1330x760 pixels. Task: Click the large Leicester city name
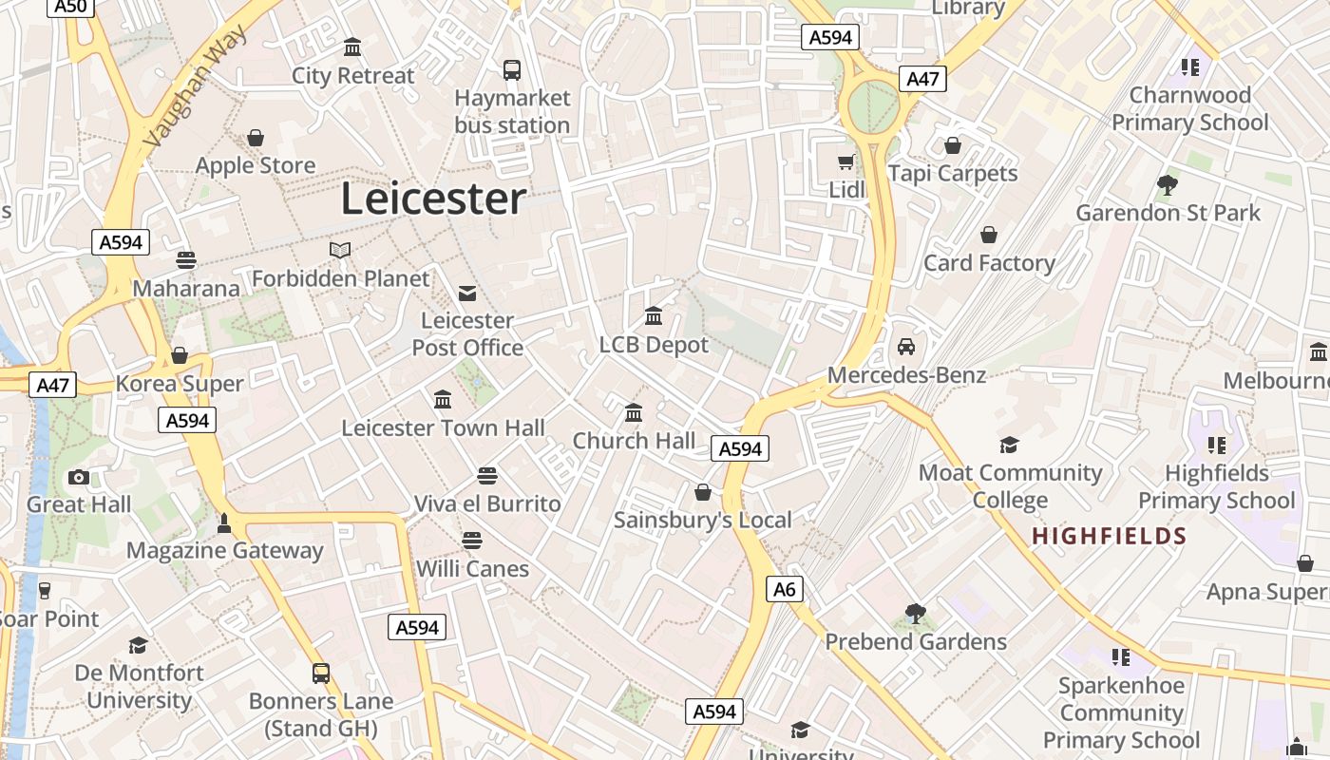[x=433, y=199]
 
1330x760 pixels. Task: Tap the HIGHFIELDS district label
[x=1110, y=537]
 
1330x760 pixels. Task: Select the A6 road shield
[x=784, y=589]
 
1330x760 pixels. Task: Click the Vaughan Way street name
[x=196, y=85]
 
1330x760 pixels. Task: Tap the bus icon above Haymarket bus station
[x=512, y=69]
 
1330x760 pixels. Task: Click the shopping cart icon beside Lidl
[x=845, y=162]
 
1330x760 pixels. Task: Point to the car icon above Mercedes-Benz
[x=906, y=347]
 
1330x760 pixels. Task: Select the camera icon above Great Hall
[x=79, y=477]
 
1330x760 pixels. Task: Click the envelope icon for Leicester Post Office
[x=467, y=293]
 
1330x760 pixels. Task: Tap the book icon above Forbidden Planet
[x=340, y=250]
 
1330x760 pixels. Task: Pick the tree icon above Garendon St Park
[x=1168, y=184]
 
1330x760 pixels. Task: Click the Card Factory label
[x=989, y=263]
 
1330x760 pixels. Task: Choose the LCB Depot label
[x=654, y=345]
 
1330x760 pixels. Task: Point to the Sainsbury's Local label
[x=702, y=520]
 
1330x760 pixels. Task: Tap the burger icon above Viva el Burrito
[x=487, y=475]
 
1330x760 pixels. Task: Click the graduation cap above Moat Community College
[x=1009, y=445]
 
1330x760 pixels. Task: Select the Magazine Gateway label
[x=225, y=551]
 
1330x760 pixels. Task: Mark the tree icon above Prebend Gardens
[x=916, y=614]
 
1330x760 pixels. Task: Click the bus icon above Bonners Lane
[x=321, y=674]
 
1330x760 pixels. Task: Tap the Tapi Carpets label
[x=953, y=174]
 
